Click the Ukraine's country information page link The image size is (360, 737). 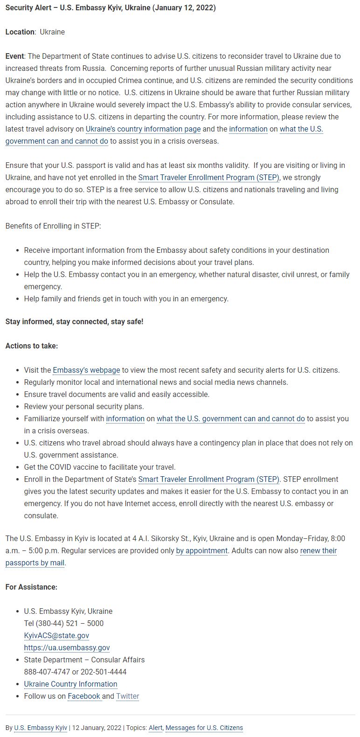click(143, 129)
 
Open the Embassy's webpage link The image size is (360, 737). click(86, 370)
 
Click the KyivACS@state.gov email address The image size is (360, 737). click(56, 635)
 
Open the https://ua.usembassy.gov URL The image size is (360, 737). click(67, 647)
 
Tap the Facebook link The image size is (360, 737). click(84, 696)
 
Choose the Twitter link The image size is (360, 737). click(127, 696)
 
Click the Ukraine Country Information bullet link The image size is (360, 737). click(70, 684)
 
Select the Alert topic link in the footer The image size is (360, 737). click(155, 728)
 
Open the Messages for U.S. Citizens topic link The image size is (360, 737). click(204, 728)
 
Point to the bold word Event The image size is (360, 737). click(15, 56)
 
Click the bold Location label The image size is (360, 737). click(20, 32)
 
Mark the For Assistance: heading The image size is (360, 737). click(31, 587)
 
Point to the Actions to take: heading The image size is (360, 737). click(31, 346)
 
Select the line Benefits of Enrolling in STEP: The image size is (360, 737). click(53, 226)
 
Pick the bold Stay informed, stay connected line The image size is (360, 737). click(74, 321)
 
